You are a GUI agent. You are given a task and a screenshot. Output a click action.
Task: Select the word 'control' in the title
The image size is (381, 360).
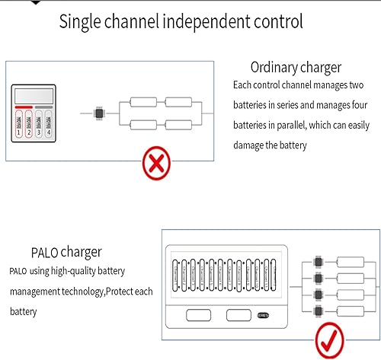272,22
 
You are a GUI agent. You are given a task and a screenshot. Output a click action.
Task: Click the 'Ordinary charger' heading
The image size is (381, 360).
295,66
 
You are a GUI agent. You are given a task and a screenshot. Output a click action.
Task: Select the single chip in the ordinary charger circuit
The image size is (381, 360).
98,113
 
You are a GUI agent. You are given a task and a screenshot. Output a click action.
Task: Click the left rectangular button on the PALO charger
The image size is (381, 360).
199,316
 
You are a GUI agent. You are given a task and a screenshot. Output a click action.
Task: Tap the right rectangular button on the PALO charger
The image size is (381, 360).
239,316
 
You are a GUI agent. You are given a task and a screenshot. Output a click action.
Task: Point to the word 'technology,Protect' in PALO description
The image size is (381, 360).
98,292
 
